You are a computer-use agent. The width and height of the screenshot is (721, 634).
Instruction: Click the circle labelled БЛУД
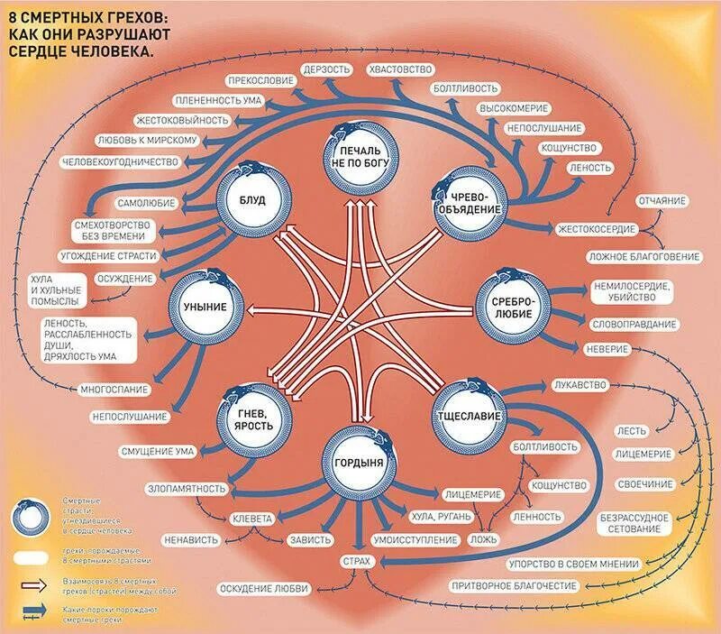pos(252,200)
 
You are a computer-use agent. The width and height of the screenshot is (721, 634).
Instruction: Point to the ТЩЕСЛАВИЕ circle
pos(469,415)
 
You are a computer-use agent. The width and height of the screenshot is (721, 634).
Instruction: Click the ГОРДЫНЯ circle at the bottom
pos(358,462)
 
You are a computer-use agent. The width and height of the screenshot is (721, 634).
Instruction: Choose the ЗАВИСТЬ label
pos(308,540)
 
